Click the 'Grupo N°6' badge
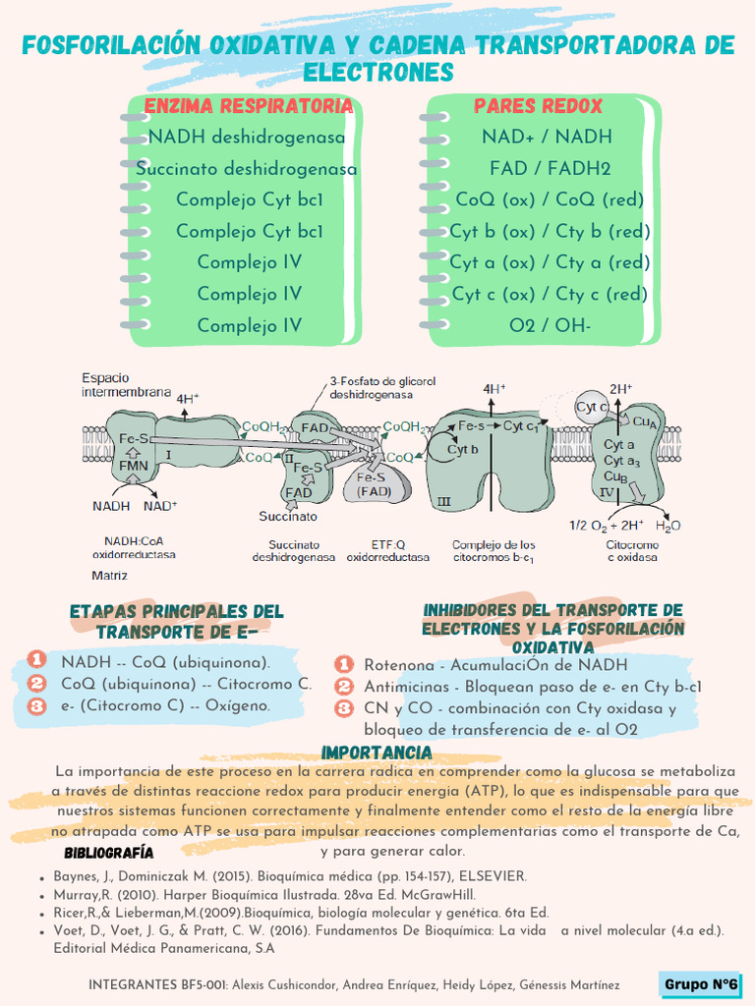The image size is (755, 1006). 701,984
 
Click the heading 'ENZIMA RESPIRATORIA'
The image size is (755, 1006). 248,106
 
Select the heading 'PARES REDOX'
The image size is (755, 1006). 538,106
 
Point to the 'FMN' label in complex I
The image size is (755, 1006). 134,465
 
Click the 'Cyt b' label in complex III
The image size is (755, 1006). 462,449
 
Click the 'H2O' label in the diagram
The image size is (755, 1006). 668,526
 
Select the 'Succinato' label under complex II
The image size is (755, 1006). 288,516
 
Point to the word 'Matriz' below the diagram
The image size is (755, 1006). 109,574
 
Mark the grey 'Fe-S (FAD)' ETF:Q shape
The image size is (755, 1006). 375,483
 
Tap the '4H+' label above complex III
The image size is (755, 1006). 494,389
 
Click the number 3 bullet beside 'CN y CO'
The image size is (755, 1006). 344,707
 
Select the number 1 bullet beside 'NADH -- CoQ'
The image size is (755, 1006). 36,660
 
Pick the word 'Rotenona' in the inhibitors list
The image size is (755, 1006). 399,665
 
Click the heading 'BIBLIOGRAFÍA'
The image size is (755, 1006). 109,852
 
